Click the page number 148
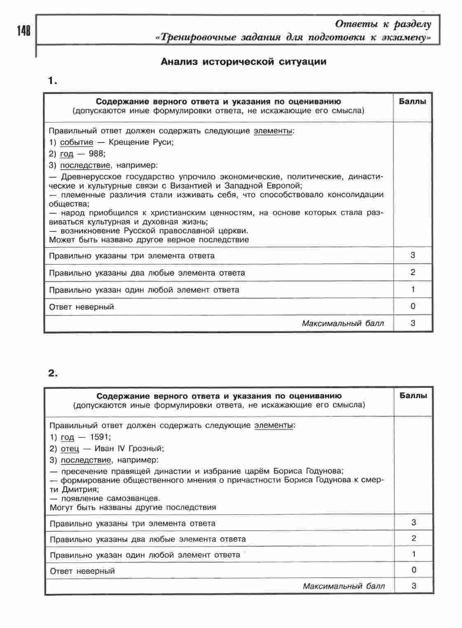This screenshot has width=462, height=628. click(x=24, y=31)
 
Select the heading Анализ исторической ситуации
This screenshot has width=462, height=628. click(x=243, y=62)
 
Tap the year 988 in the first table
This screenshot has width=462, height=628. click(x=97, y=154)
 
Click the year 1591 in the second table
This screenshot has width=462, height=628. click(x=100, y=437)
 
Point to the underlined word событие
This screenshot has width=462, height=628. click(x=77, y=142)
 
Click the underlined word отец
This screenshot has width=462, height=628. click(x=70, y=448)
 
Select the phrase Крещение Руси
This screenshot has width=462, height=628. click(x=141, y=142)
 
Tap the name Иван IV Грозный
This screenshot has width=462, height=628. click(x=129, y=448)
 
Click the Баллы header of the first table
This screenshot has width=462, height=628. click(x=413, y=101)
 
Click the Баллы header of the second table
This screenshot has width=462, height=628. click(x=413, y=396)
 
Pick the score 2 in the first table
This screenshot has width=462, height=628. click(x=413, y=272)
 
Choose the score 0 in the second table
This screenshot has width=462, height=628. click(x=414, y=570)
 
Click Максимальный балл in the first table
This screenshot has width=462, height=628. click(x=343, y=324)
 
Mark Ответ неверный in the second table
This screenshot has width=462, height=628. click(x=82, y=571)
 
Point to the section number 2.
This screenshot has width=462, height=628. click(x=53, y=374)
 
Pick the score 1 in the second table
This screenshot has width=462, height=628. click(x=414, y=554)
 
